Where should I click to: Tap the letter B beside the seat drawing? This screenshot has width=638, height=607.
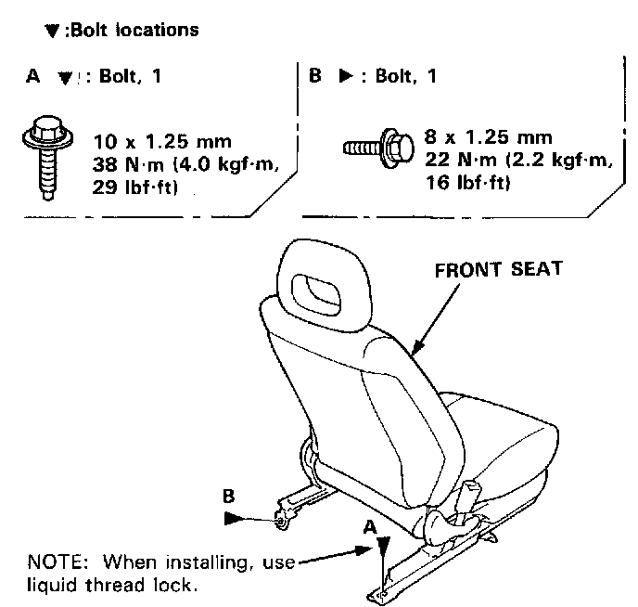click(228, 496)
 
